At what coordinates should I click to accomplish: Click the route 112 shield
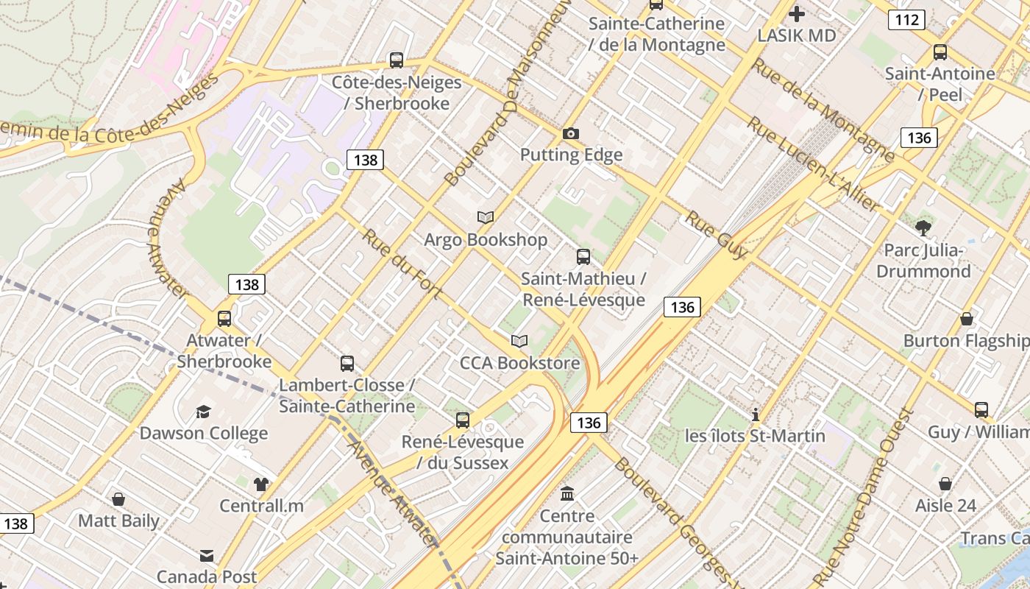[x=906, y=20]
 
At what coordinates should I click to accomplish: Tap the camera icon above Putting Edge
[x=570, y=133]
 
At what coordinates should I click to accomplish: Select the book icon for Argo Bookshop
[x=486, y=217]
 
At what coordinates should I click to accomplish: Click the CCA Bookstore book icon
[x=519, y=341]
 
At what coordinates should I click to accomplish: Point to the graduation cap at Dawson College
[x=203, y=412]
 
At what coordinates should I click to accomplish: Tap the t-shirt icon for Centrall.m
[x=261, y=484]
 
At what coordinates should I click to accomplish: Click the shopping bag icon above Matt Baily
[x=118, y=499]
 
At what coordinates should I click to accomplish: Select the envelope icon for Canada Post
[x=207, y=555]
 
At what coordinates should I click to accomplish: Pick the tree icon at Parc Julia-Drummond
[x=923, y=228]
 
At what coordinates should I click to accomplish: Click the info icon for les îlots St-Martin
[x=755, y=414]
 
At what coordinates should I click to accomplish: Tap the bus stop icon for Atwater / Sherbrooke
[x=224, y=319]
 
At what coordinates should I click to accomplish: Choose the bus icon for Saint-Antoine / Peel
[x=940, y=52]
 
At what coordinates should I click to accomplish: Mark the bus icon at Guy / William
[x=981, y=409]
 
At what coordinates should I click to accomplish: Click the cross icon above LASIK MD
[x=797, y=13]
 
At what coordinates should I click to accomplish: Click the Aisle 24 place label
[x=945, y=506]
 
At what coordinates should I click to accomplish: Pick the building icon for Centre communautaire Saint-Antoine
[x=567, y=493]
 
